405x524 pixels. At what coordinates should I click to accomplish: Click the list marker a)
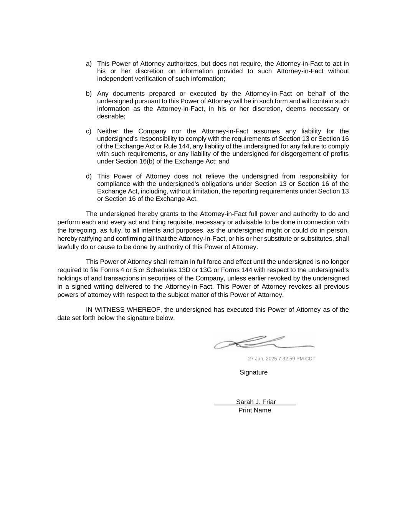[89, 64]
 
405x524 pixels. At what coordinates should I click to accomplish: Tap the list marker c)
[89, 131]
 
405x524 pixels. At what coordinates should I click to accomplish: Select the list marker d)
[89, 177]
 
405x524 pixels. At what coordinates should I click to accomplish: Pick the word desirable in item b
[111, 116]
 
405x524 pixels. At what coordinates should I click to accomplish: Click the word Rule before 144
[170, 146]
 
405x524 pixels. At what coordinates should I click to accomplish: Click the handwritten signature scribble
[264, 342]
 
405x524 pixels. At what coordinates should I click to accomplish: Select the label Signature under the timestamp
[253, 372]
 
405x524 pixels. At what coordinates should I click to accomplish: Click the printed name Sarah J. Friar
[256, 402]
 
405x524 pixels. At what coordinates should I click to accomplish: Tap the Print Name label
[255, 410]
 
